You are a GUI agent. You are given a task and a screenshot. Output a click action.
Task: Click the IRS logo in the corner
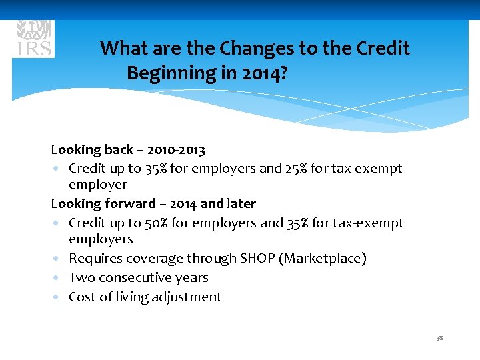34,38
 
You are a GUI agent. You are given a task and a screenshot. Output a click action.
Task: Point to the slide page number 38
439,339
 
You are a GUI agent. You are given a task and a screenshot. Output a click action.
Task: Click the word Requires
93,259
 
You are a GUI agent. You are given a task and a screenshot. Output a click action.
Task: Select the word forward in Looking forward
130,203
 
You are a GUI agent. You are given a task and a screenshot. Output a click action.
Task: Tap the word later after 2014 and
241,203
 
